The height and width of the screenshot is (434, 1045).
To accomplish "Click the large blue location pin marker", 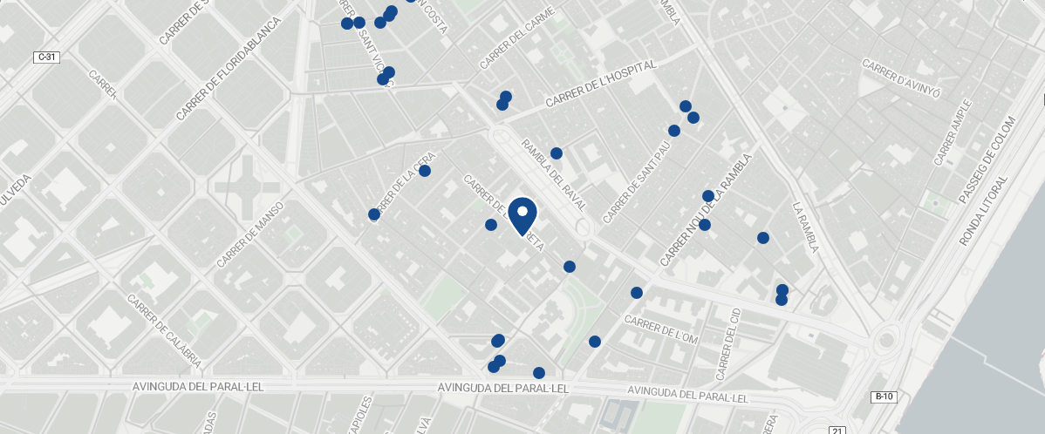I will coord(522,215).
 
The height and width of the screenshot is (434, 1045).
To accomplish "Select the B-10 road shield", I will coord(884,397).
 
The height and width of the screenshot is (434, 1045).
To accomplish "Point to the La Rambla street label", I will coord(805,227).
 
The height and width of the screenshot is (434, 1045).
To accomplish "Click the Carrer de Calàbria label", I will coord(165,330).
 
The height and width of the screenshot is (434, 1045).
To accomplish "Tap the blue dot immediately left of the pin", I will coord(491,225).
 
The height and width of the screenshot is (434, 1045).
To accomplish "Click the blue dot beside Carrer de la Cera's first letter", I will coord(374,214).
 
